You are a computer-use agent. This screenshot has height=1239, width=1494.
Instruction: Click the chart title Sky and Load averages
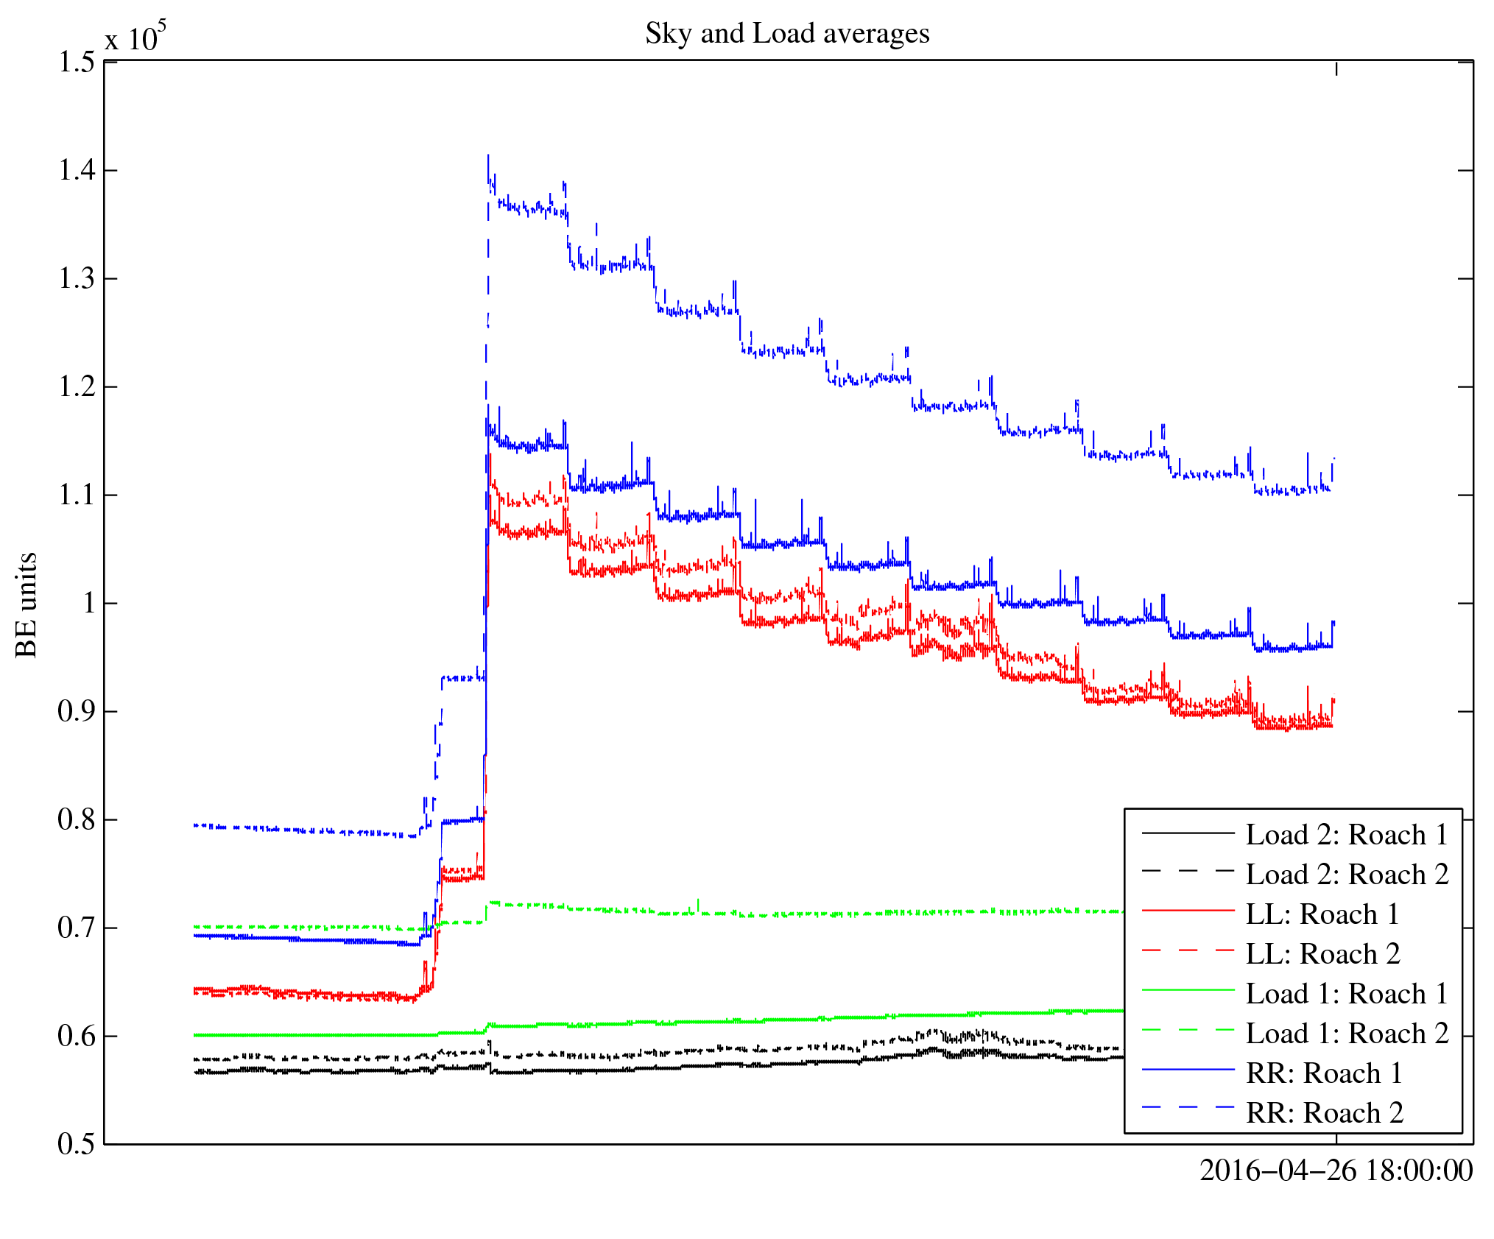coord(787,34)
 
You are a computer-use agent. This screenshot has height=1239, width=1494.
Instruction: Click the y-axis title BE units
coord(27,604)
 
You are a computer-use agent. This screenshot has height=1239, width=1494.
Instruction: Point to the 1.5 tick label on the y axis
coord(77,63)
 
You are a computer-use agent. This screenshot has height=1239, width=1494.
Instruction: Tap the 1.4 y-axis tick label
coord(77,171)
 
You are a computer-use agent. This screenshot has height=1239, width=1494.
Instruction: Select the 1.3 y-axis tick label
coord(77,279)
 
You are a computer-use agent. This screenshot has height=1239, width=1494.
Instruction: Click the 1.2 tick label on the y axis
coord(77,387)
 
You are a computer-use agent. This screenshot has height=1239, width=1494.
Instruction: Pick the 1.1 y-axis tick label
coord(77,495)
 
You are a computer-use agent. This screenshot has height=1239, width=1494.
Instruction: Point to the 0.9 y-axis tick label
coord(77,712)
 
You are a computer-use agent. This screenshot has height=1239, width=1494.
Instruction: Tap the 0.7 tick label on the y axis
coord(77,928)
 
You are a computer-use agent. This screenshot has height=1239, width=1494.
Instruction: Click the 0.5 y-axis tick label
coord(77,1145)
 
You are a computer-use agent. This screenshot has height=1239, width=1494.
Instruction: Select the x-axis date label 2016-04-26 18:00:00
coord(1336,1171)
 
